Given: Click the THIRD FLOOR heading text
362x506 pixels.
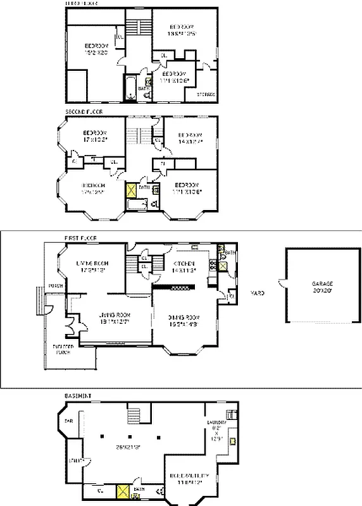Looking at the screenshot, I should pyautogui.click(x=82, y=3).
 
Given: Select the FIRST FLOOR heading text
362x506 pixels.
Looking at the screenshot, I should pyautogui.click(x=80, y=238).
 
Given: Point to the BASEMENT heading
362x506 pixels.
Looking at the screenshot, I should pyautogui.click(x=78, y=396).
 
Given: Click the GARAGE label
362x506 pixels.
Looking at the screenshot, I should pyautogui.click(x=321, y=284).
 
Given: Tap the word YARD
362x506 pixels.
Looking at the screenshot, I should pyautogui.click(x=258, y=293).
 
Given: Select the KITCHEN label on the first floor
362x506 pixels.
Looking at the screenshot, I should pyautogui.click(x=185, y=263).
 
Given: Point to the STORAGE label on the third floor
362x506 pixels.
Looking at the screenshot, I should pyautogui.click(x=206, y=94).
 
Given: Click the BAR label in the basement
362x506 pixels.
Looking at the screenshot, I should pyautogui.click(x=68, y=420).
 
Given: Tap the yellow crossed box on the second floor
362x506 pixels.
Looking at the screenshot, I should pyautogui.click(x=131, y=190).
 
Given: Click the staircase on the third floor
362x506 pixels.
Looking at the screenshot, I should pyautogui.click(x=138, y=28).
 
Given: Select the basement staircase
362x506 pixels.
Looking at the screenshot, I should pyautogui.click(x=134, y=415).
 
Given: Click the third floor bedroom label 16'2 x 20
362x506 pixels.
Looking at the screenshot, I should pyautogui.click(x=97, y=49).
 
